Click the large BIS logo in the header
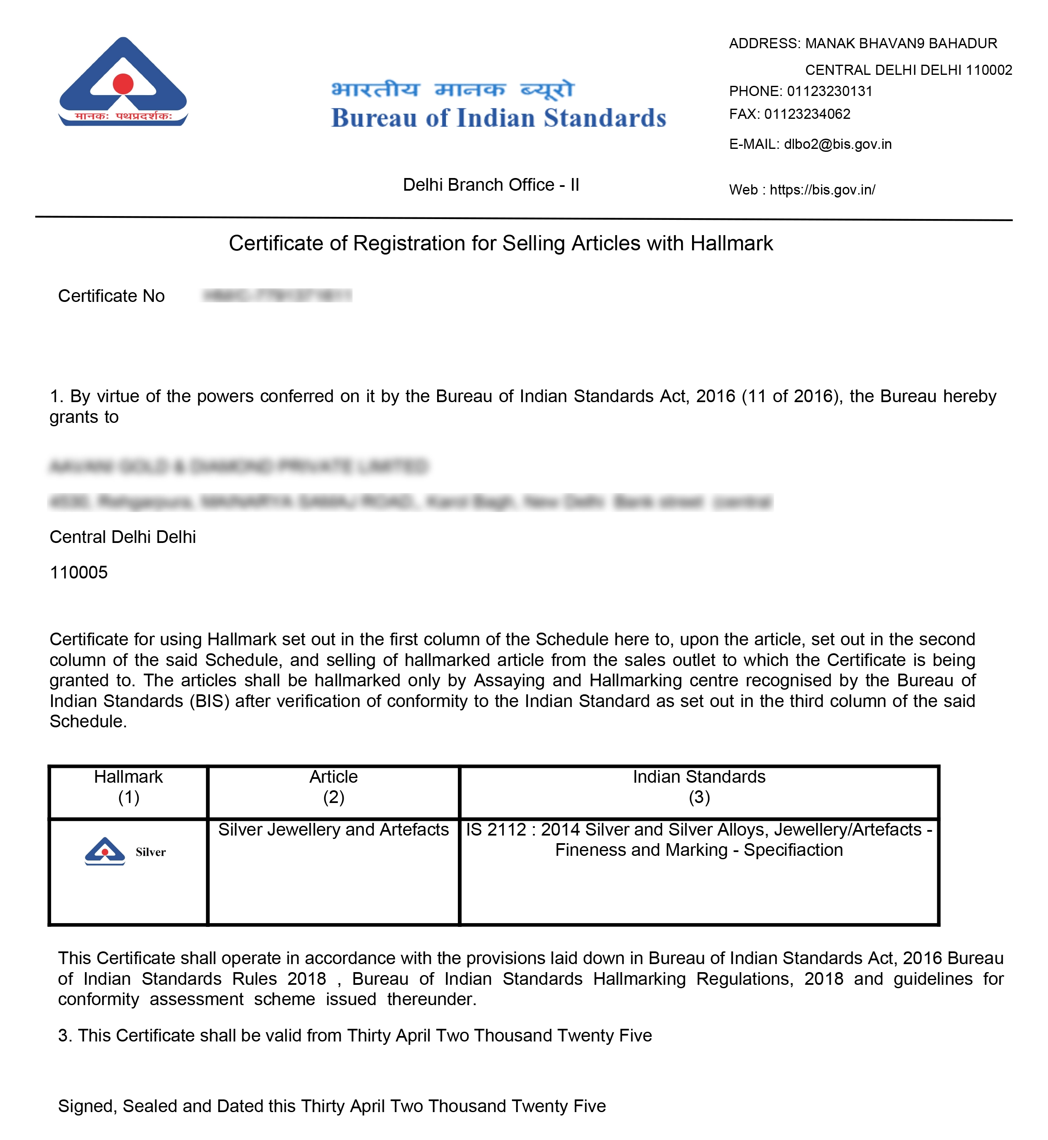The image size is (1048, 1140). click(123, 82)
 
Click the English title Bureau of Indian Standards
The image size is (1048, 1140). click(498, 118)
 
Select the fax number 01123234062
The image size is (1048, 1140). click(807, 114)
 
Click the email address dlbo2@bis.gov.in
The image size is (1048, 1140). click(837, 144)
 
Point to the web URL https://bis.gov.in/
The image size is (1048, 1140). click(822, 189)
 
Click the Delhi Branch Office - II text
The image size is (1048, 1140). click(490, 184)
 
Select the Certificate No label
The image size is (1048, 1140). click(111, 296)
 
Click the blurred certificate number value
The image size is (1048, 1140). click(277, 295)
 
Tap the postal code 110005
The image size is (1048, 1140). click(78, 572)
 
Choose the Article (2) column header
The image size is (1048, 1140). click(334, 786)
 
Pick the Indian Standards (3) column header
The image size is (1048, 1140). click(699, 786)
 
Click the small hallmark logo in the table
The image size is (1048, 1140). click(105, 851)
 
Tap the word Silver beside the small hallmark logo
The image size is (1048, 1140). click(150, 852)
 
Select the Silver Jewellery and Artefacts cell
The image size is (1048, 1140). click(334, 829)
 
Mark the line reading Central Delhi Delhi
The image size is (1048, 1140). click(123, 537)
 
